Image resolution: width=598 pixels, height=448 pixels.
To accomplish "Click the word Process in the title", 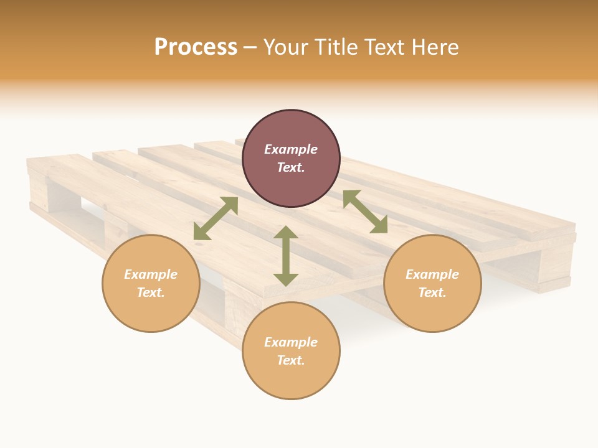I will (196, 47).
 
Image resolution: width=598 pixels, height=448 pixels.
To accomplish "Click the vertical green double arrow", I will (286, 256).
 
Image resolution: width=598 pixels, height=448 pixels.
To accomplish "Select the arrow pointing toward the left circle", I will (216, 218).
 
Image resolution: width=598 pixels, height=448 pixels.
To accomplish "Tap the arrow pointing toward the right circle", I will (365, 212).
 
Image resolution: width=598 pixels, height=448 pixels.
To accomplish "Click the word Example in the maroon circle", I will (291, 149).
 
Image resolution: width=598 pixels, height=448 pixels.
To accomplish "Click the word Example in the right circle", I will (432, 274).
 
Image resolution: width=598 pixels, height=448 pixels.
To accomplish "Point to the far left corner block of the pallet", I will (39, 187).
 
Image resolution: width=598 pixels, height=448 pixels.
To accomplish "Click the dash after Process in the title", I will (250, 47).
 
